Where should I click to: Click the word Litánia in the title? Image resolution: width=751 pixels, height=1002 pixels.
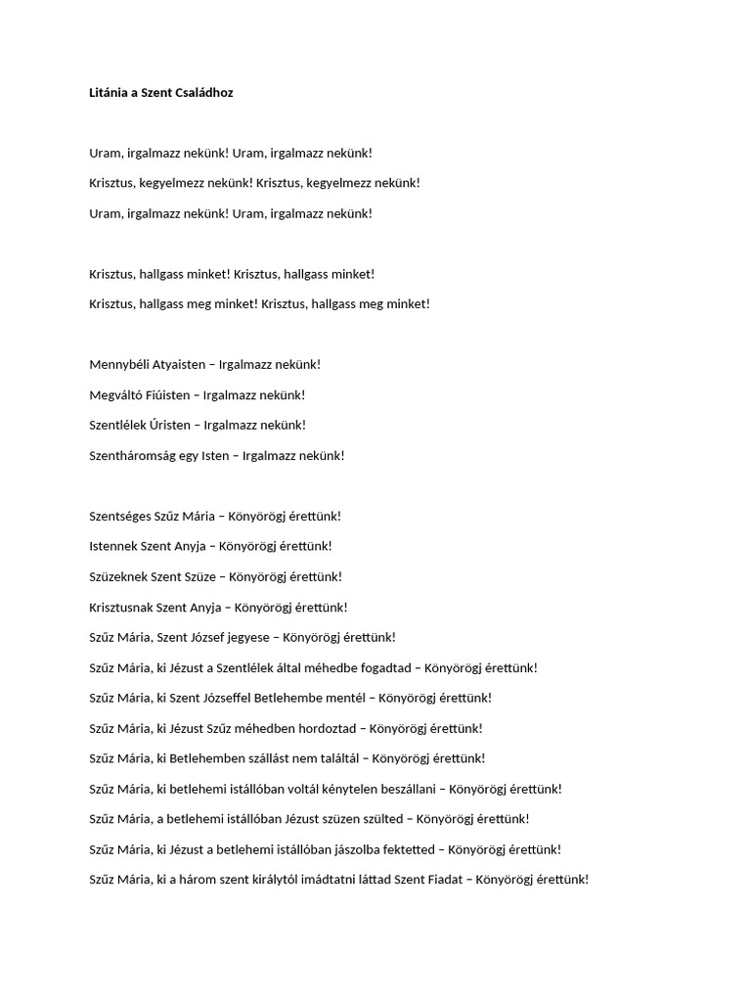pyautogui.click(x=110, y=93)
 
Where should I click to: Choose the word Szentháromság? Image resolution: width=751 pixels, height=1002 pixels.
pyautogui.click(x=132, y=456)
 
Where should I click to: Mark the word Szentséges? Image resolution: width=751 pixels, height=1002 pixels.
pyautogui.click(x=120, y=517)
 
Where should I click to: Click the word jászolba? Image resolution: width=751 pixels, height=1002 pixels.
pyautogui.click(x=333, y=850)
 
